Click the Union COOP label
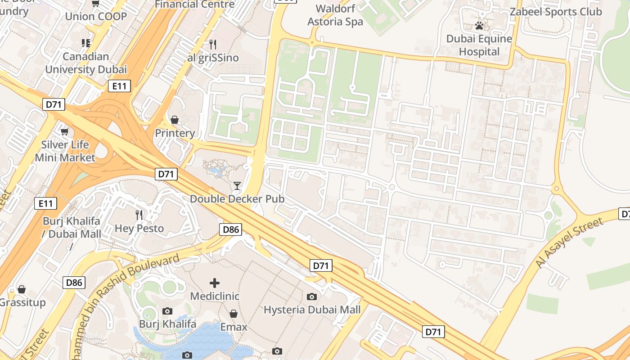point(96,17)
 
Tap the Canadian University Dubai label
point(85,63)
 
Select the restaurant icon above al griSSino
point(213,44)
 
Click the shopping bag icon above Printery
point(175,120)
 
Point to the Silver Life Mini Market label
point(65,151)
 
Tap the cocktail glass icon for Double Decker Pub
point(237,185)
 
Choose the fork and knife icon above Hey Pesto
point(139,215)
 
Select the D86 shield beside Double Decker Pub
point(231,229)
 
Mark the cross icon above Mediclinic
point(215,283)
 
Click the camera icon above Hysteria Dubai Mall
point(311,297)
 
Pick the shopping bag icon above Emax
point(234,313)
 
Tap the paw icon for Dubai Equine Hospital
point(479,26)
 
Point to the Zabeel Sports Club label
point(555,12)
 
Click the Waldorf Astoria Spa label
point(335,15)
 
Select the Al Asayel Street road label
point(569,243)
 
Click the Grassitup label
point(22,302)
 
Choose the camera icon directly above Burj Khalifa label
point(167,311)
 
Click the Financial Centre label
point(194,4)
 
